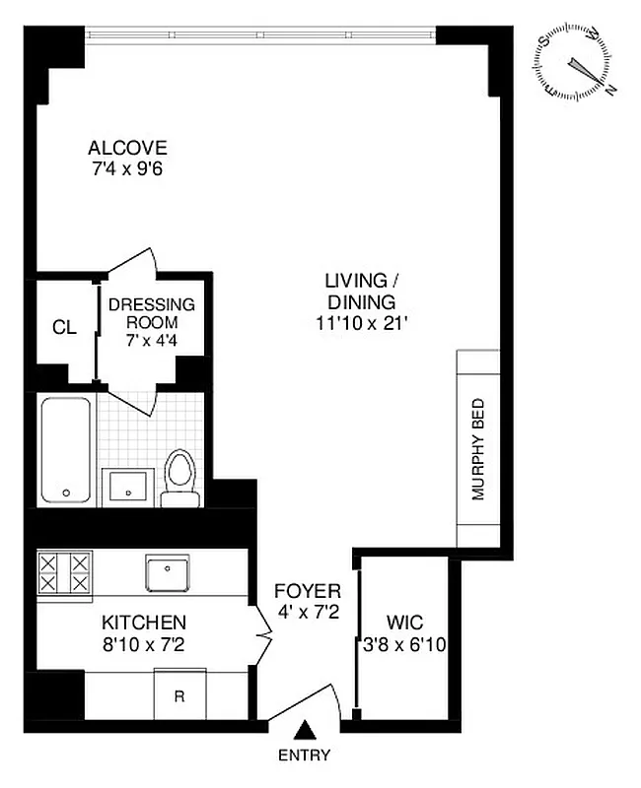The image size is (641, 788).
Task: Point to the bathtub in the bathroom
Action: tap(66, 450)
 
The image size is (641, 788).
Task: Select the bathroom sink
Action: tap(125, 487)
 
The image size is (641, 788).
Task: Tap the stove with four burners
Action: tap(64, 572)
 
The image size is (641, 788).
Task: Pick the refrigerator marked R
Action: tap(179, 694)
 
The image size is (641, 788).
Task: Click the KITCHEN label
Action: tap(144, 624)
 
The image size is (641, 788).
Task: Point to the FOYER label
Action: tap(308, 592)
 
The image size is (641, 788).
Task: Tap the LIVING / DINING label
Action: tap(361, 293)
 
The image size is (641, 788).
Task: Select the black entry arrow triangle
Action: tap(307, 729)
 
